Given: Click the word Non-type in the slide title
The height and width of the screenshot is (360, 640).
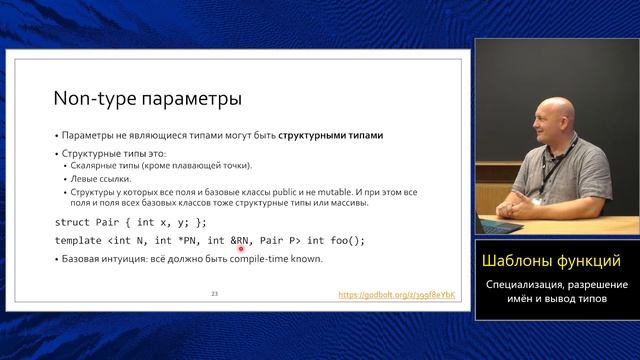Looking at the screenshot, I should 88,100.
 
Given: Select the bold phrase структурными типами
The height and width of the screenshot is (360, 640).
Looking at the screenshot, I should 331,135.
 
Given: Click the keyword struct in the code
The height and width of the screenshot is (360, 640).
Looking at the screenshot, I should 76,221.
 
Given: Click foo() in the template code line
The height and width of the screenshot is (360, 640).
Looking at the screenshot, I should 346,241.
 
